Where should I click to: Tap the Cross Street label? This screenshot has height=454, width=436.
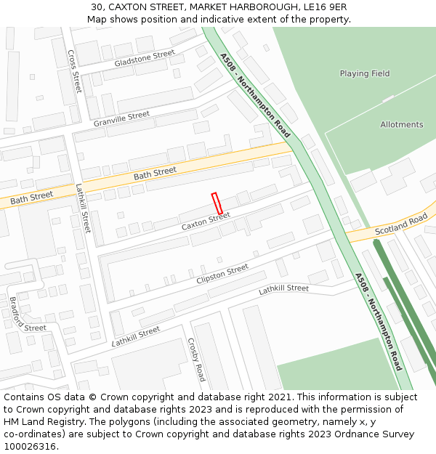74,70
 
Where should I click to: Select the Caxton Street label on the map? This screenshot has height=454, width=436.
206,222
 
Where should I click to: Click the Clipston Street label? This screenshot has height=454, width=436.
222,275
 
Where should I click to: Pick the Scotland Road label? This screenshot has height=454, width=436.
401,224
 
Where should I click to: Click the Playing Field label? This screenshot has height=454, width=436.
365,73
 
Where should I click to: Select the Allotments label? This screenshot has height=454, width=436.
401,125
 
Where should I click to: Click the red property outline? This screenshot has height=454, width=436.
217,203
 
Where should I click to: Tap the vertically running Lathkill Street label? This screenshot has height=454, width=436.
84,208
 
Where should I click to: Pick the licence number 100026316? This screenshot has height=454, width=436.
31,447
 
